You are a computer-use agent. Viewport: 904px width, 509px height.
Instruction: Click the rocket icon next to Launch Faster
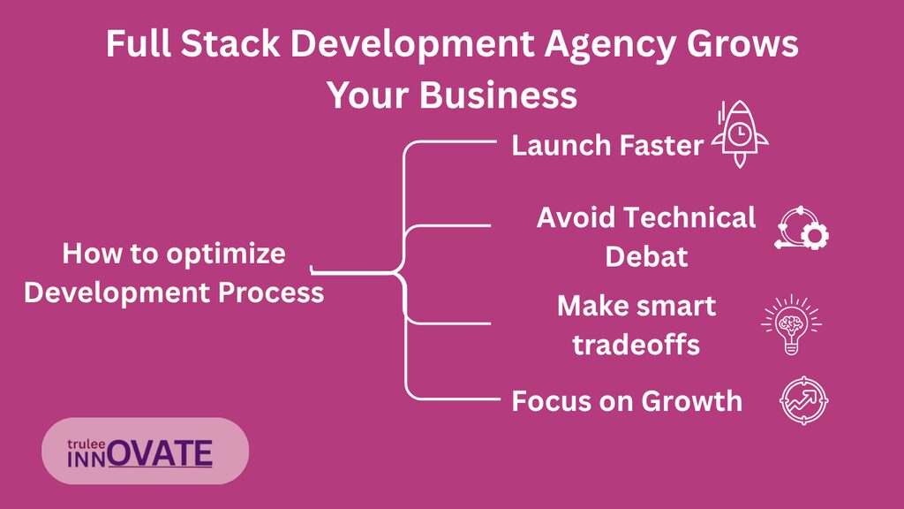point(740,134)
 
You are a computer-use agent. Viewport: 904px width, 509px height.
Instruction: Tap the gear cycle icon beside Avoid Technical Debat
point(802,228)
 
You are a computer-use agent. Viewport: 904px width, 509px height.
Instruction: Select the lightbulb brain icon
point(791,324)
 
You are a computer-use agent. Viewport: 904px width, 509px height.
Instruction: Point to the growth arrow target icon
point(803,400)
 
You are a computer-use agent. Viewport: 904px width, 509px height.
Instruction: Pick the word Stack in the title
point(230,44)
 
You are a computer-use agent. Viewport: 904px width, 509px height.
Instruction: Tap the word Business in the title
point(498,95)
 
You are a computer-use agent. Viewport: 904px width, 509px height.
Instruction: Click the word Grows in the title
point(742,44)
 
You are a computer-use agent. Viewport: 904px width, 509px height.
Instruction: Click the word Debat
point(646,257)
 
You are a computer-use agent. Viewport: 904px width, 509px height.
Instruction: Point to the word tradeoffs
point(636,346)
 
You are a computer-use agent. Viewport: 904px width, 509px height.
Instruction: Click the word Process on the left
point(271,292)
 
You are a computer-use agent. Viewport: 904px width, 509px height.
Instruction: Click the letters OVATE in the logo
point(161,453)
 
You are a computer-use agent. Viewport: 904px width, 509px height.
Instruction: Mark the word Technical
point(689,218)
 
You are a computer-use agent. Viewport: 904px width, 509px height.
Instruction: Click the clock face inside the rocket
point(739,134)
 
